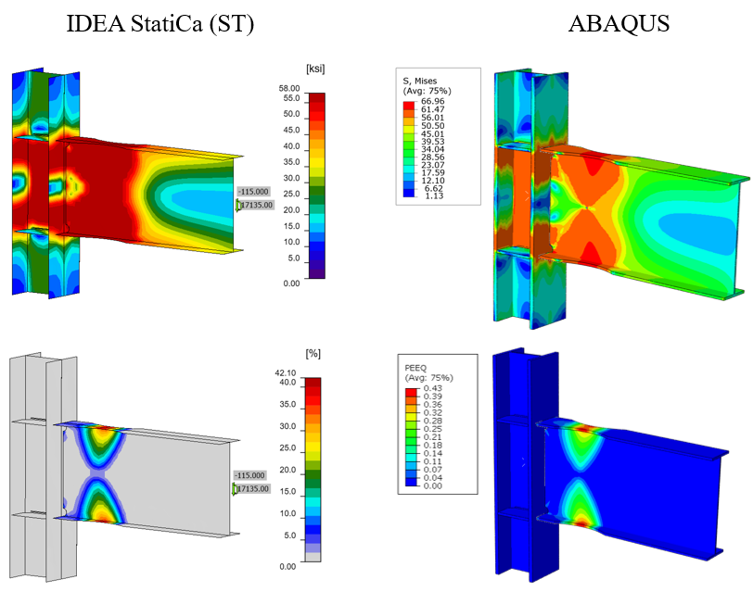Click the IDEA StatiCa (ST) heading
160,24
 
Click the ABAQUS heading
619,23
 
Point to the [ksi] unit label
315,69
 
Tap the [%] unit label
313,354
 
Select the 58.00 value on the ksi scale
289,88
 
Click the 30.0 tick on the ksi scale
291,178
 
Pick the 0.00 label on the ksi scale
291,283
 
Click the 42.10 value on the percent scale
286,372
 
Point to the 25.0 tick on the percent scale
287,447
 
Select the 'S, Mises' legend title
420,82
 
